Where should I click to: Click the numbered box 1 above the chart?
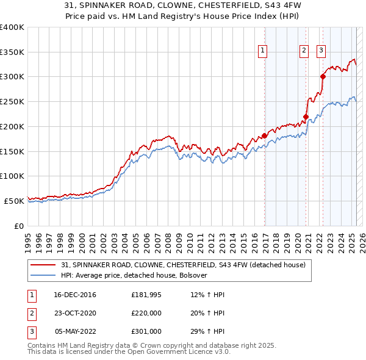tap(263, 51)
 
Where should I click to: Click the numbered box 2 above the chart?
tap(304, 51)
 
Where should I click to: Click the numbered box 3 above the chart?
tap(321, 51)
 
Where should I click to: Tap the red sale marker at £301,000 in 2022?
tap(323, 76)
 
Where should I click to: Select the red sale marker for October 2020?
tap(306, 117)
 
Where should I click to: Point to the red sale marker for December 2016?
tap(264, 135)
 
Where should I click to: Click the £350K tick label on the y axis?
tap(12, 52)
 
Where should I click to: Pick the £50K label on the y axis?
tap(14, 201)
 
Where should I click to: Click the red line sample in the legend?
tap(44, 265)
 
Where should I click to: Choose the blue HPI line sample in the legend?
tap(44, 275)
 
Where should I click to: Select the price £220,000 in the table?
tap(146, 314)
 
